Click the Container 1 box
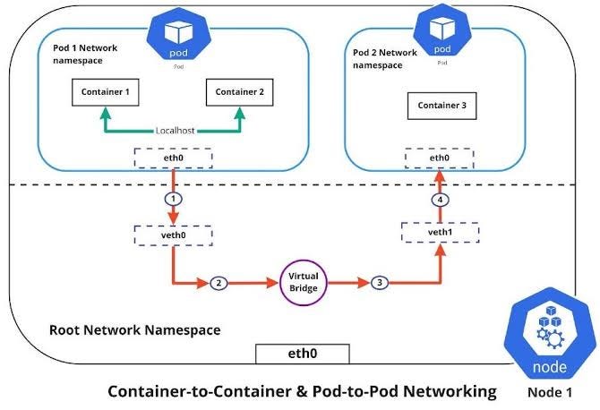pyautogui.click(x=105, y=90)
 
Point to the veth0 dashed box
pyautogui.click(x=173, y=236)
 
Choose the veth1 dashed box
pyautogui.click(x=440, y=233)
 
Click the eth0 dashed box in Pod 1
pyautogui.click(x=173, y=158)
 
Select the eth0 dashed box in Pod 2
pyautogui.click(x=440, y=158)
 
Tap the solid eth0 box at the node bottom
pyautogui.click(x=300, y=352)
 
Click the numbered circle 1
pyautogui.click(x=173, y=197)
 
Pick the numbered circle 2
pyautogui.click(x=218, y=284)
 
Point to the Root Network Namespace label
pyautogui.click(x=133, y=330)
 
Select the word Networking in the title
pyautogui.click(x=446, y=391)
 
